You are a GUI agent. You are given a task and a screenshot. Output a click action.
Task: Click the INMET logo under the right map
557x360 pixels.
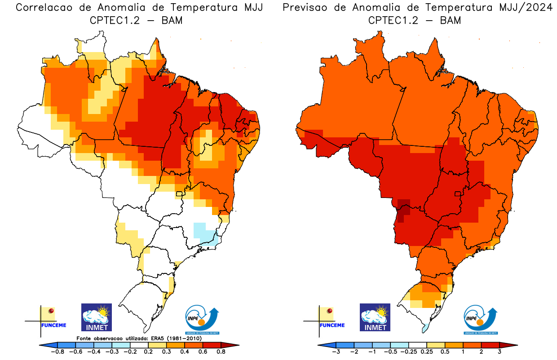375,317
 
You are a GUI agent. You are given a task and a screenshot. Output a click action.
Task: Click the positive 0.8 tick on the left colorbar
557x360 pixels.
221,352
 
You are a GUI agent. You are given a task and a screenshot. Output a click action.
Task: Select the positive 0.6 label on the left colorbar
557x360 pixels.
202,352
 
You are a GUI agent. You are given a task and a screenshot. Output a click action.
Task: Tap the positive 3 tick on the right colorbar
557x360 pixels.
500,352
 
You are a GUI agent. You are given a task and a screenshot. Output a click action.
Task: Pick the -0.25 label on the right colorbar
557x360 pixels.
409,352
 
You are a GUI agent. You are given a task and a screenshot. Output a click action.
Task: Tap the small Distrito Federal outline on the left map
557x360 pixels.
179,194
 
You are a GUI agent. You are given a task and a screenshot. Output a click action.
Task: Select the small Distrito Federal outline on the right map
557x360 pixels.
458,194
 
